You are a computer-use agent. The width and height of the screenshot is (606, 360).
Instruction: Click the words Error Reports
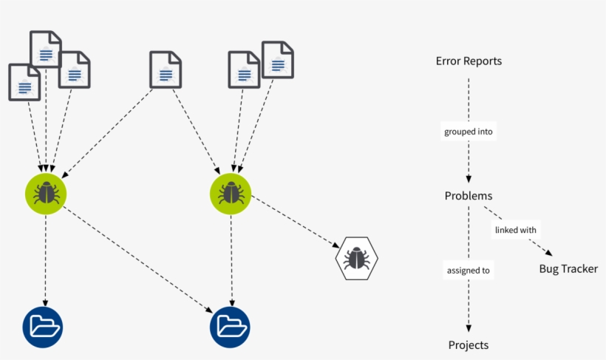tap(469, 61)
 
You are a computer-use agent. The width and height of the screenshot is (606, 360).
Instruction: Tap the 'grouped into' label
tap(469, 132)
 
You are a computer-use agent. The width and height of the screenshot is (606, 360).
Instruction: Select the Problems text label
tap(469, 196)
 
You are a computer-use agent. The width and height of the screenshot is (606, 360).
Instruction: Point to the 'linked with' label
tap(515, 230)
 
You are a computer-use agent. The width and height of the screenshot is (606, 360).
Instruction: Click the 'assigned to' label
tap(469, 271)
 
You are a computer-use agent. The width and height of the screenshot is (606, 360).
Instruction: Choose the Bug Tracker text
tap(568, 269)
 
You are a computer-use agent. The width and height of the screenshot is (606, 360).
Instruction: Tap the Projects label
tap(469, 345)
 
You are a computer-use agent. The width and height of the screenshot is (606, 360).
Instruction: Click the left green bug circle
tap(46, 194)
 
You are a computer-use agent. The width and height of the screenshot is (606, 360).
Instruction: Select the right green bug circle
tap(231, 194)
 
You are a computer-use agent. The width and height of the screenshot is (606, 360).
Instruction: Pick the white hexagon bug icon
tap(356, 259)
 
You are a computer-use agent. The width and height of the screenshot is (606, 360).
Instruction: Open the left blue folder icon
tap(43, 326)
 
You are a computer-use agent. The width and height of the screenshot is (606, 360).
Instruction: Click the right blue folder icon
tap(230, 326)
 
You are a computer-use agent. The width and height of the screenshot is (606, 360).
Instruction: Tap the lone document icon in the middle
tap(166, 69)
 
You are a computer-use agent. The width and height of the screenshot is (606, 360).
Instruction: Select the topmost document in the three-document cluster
tap(46, 50)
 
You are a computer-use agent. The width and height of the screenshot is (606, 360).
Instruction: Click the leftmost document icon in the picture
tap(24, 82)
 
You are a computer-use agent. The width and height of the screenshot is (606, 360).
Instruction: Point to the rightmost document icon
tap(278, 60)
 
